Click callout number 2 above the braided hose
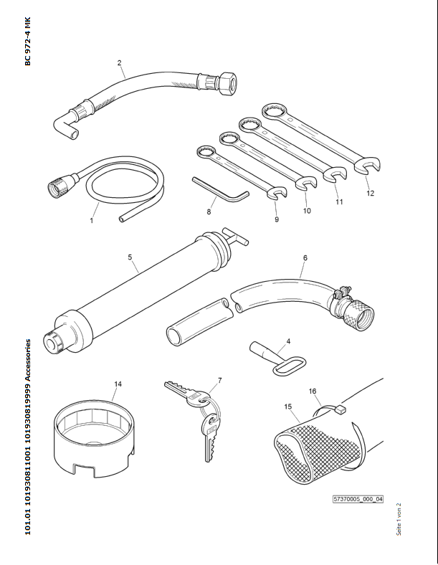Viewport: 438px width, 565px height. point(119,62)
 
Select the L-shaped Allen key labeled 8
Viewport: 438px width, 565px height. point(221,189)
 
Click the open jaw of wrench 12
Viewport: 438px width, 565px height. point(368,166)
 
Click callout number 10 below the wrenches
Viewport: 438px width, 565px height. point(307,210)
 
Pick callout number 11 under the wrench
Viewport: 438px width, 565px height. point(339,201)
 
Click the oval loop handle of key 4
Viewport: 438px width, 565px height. point(288,366)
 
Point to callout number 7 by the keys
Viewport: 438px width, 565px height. point(220,381)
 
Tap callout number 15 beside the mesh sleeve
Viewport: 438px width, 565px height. point(287,407)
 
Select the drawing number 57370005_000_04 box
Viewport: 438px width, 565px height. point(358,499)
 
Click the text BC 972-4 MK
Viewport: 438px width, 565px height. point(28,42)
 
